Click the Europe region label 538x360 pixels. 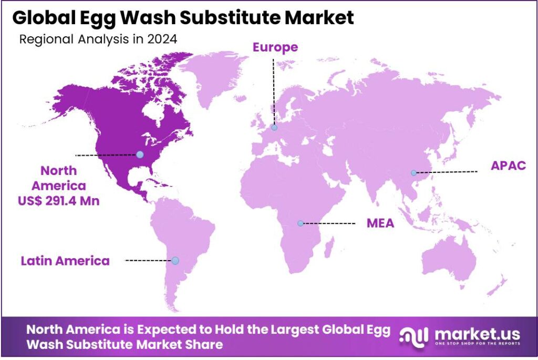[x=275, y=47]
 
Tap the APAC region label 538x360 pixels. [x=508, y=166]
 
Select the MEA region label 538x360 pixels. [x=380, y=223]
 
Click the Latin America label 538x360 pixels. [x=65, y=260]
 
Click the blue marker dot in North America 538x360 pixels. [x=140, y=155]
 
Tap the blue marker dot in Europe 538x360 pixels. [x=274, y=127]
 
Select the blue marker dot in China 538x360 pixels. [x=414, y=172]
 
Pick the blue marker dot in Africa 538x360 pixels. [x=301, y=223]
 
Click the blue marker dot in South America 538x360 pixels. [x=175, y=261]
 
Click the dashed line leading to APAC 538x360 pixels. [x=447, y=172]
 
